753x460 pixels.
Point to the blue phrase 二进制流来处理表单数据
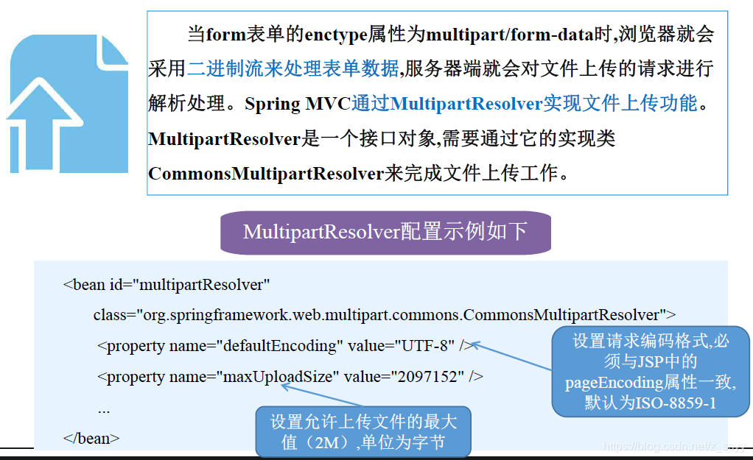point(293,69)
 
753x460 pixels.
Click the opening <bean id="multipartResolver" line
point(167,284)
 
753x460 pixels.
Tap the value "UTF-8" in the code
point(425,345)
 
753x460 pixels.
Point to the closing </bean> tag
point(91,438)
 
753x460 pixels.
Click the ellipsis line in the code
point(104,408)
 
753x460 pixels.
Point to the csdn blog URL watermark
point(674,447)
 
